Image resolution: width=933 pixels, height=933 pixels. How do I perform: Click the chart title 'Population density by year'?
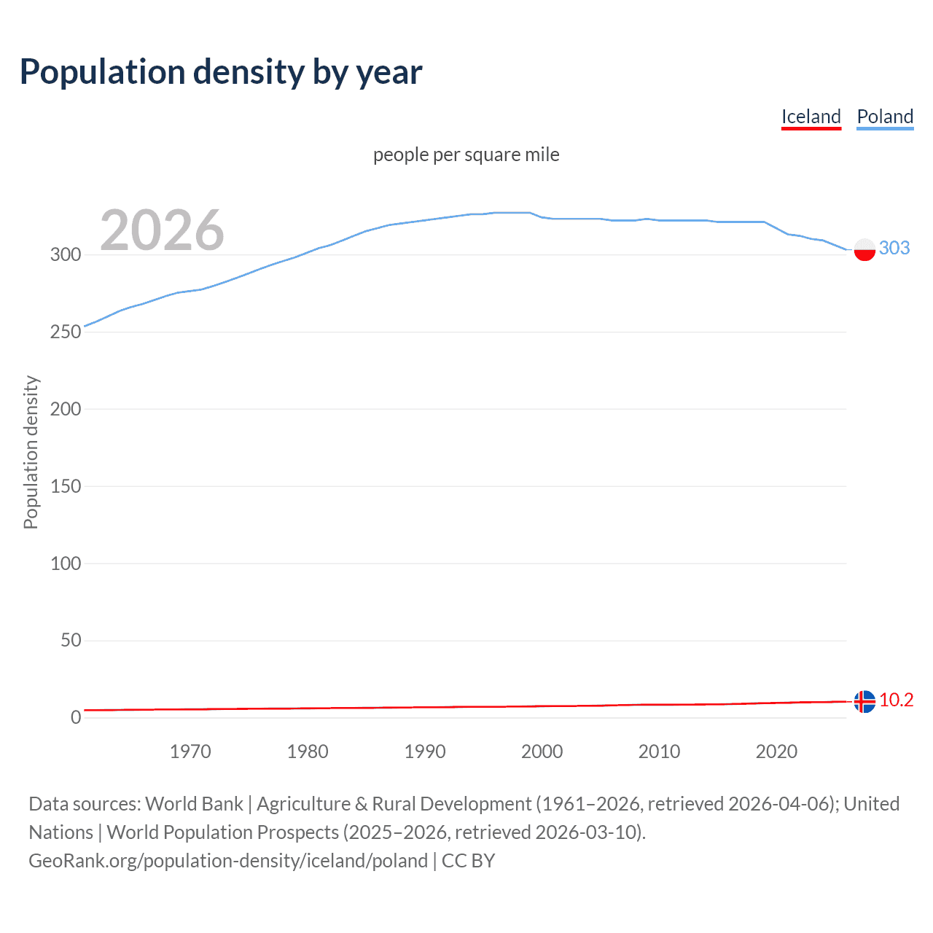(x=221, y=72)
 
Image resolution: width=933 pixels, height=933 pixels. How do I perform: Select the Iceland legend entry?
(x=811, y=117)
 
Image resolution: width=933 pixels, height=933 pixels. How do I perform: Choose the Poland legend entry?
(x=885, y=117)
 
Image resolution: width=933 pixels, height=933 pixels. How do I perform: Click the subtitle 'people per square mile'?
(x=466, y=155)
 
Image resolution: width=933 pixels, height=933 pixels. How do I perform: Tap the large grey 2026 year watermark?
(x=162, y=230)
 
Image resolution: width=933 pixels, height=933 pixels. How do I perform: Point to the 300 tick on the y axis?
(x=66, y=255)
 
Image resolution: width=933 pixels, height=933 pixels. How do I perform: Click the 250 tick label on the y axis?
(x=66, y=332)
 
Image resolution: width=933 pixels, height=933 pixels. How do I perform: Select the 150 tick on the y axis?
(x=66, y=486)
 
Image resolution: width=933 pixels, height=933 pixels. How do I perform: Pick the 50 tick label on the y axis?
(x=71, y=641)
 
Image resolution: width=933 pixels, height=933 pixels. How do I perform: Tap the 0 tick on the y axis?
(x=76, y=717)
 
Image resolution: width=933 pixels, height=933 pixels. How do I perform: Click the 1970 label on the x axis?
(x=190, y=752)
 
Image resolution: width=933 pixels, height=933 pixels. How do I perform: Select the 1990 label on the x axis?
(x=425, y=752)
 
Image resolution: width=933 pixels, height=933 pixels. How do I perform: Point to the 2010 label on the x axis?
(x=659, y=752)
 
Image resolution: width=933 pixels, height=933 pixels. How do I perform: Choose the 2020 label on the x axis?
(x=776, y=752)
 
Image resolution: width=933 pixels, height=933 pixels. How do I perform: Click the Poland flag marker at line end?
(x=864, y=249)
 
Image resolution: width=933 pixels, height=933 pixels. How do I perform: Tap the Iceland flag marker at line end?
(x=864, y=701)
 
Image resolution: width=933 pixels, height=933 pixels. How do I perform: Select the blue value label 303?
(x=894, y=249)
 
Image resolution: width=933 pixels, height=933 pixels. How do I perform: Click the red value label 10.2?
(x=896, y=700)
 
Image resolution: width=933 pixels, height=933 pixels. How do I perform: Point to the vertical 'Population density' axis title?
(x=31, y=452)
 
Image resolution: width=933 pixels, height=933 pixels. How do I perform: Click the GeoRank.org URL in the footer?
(x=228, y=861)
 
